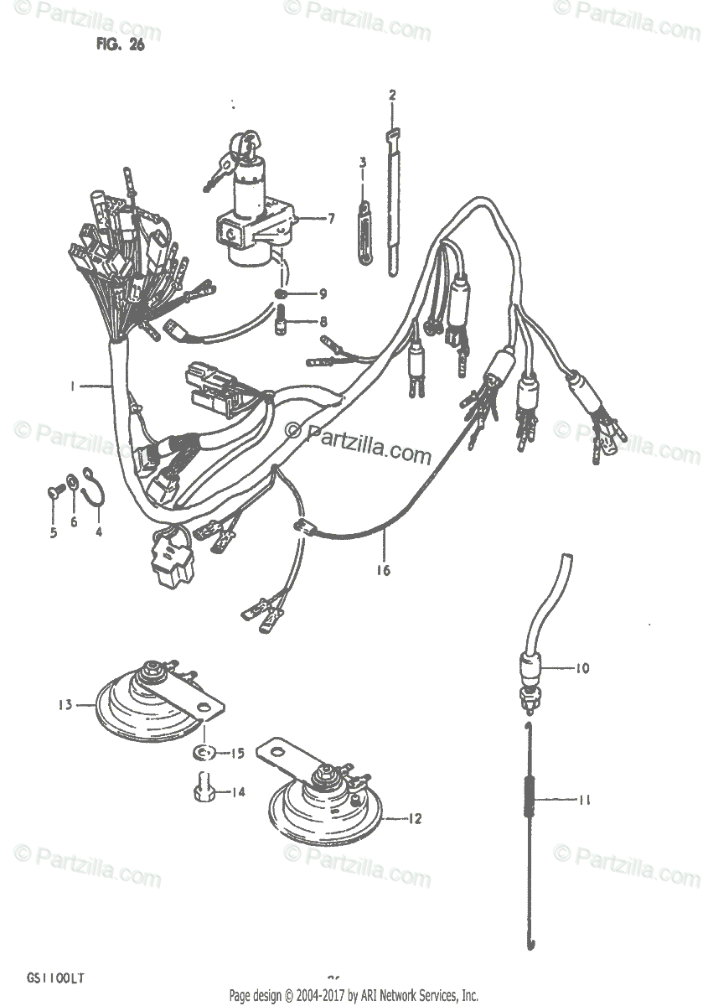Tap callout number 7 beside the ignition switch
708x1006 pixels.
331,219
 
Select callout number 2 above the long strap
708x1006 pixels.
391,94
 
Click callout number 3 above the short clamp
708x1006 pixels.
363,162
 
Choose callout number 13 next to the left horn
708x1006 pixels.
65,704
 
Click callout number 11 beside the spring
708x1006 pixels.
584,800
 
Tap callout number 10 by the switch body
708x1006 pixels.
581,668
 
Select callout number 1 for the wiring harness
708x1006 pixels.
73,386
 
